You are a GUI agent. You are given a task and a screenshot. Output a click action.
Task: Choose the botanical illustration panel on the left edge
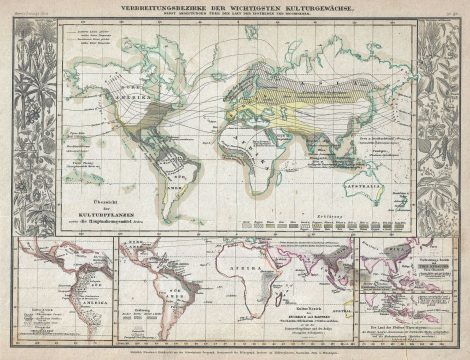pos(27,120)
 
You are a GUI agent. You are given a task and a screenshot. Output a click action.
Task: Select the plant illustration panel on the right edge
pos(442,120)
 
